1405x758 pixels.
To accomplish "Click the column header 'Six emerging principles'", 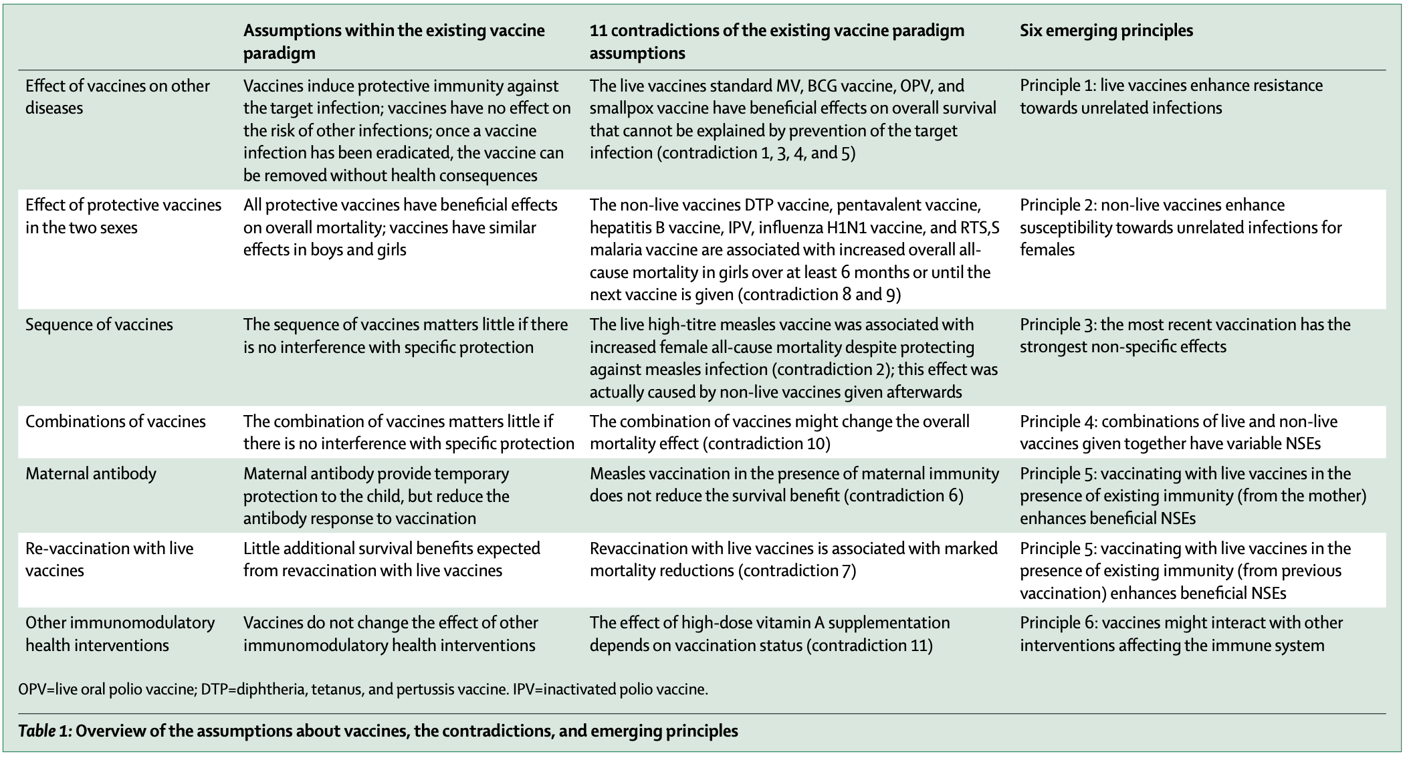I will click(1106, 31).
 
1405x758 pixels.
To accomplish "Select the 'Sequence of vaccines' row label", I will click(99, 325).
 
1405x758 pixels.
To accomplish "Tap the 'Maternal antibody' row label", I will click(91, 474).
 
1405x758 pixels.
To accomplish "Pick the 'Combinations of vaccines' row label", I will click(116, 422).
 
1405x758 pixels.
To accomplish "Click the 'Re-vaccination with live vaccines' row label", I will click(109, 559).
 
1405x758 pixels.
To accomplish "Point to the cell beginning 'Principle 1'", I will click(1171, 97).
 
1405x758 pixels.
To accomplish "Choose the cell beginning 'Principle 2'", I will click(1180, 227).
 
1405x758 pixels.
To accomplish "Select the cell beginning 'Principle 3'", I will click(1184, 336).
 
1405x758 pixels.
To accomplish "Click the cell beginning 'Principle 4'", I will click(1178, 432).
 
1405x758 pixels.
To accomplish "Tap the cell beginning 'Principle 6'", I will click(1181, 634).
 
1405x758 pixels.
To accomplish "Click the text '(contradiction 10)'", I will click(768, 444).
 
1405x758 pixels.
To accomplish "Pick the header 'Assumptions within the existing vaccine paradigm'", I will click(394, 41).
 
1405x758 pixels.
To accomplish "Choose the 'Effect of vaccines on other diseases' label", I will click(117, 97).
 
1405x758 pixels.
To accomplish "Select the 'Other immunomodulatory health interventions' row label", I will click(120, 634).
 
